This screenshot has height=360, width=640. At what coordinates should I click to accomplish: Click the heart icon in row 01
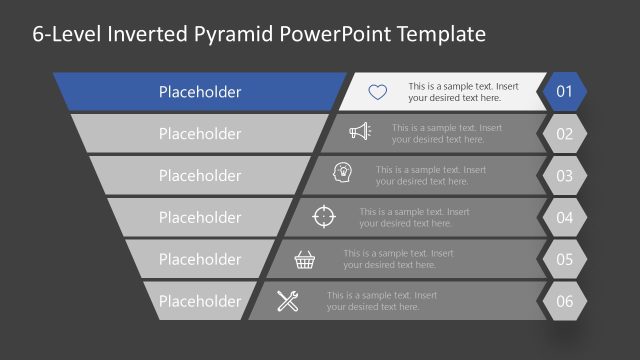point(377,92)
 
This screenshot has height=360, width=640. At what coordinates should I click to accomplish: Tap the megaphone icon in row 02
point(360,133)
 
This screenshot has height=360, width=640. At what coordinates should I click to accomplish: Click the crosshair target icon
point(324,216)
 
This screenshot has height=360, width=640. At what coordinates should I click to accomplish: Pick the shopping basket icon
point(306,259)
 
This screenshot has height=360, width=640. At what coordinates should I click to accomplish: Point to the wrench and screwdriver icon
point(288,300)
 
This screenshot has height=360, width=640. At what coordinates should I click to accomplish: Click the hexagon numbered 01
point(564,92)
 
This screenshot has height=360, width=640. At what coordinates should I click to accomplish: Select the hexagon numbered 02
point(564,134)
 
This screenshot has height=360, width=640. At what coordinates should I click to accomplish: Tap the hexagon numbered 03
point(564,176)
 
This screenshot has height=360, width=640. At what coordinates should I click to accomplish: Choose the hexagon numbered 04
point(564,217)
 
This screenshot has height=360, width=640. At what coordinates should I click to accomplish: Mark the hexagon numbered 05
point(564,259)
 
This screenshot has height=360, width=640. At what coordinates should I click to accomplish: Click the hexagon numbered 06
point(564,301)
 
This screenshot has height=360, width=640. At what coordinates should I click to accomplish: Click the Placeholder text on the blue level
point(200,92)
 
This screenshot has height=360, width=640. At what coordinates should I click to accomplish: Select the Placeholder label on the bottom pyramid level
point(200,301)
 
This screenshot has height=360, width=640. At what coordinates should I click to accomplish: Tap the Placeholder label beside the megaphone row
point(200,134)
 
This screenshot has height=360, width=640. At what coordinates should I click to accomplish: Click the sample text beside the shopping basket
point(398,259)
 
